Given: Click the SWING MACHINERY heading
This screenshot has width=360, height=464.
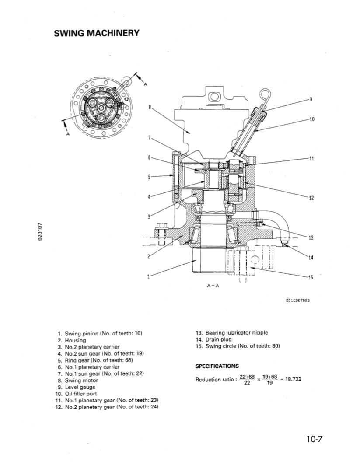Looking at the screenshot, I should (96, 33).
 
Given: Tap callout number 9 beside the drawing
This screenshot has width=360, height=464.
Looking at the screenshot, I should (311, 99).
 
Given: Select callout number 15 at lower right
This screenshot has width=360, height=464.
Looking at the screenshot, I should (311, 277).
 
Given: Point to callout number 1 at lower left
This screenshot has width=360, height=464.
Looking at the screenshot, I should (148, 276).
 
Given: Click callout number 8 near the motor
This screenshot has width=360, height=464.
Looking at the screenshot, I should (150, 106).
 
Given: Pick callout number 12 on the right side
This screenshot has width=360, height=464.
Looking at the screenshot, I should (311, 198).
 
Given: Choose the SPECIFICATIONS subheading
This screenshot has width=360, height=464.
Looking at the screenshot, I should (217, 366).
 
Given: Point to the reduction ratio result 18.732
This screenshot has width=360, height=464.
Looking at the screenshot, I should (293, 379).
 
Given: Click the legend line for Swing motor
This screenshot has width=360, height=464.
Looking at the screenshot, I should (80, 380).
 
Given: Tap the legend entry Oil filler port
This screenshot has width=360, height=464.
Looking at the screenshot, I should (83, 394).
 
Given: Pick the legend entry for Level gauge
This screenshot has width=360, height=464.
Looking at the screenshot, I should (80, 387).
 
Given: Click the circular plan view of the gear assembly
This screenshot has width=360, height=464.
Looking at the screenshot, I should (100, 105).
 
